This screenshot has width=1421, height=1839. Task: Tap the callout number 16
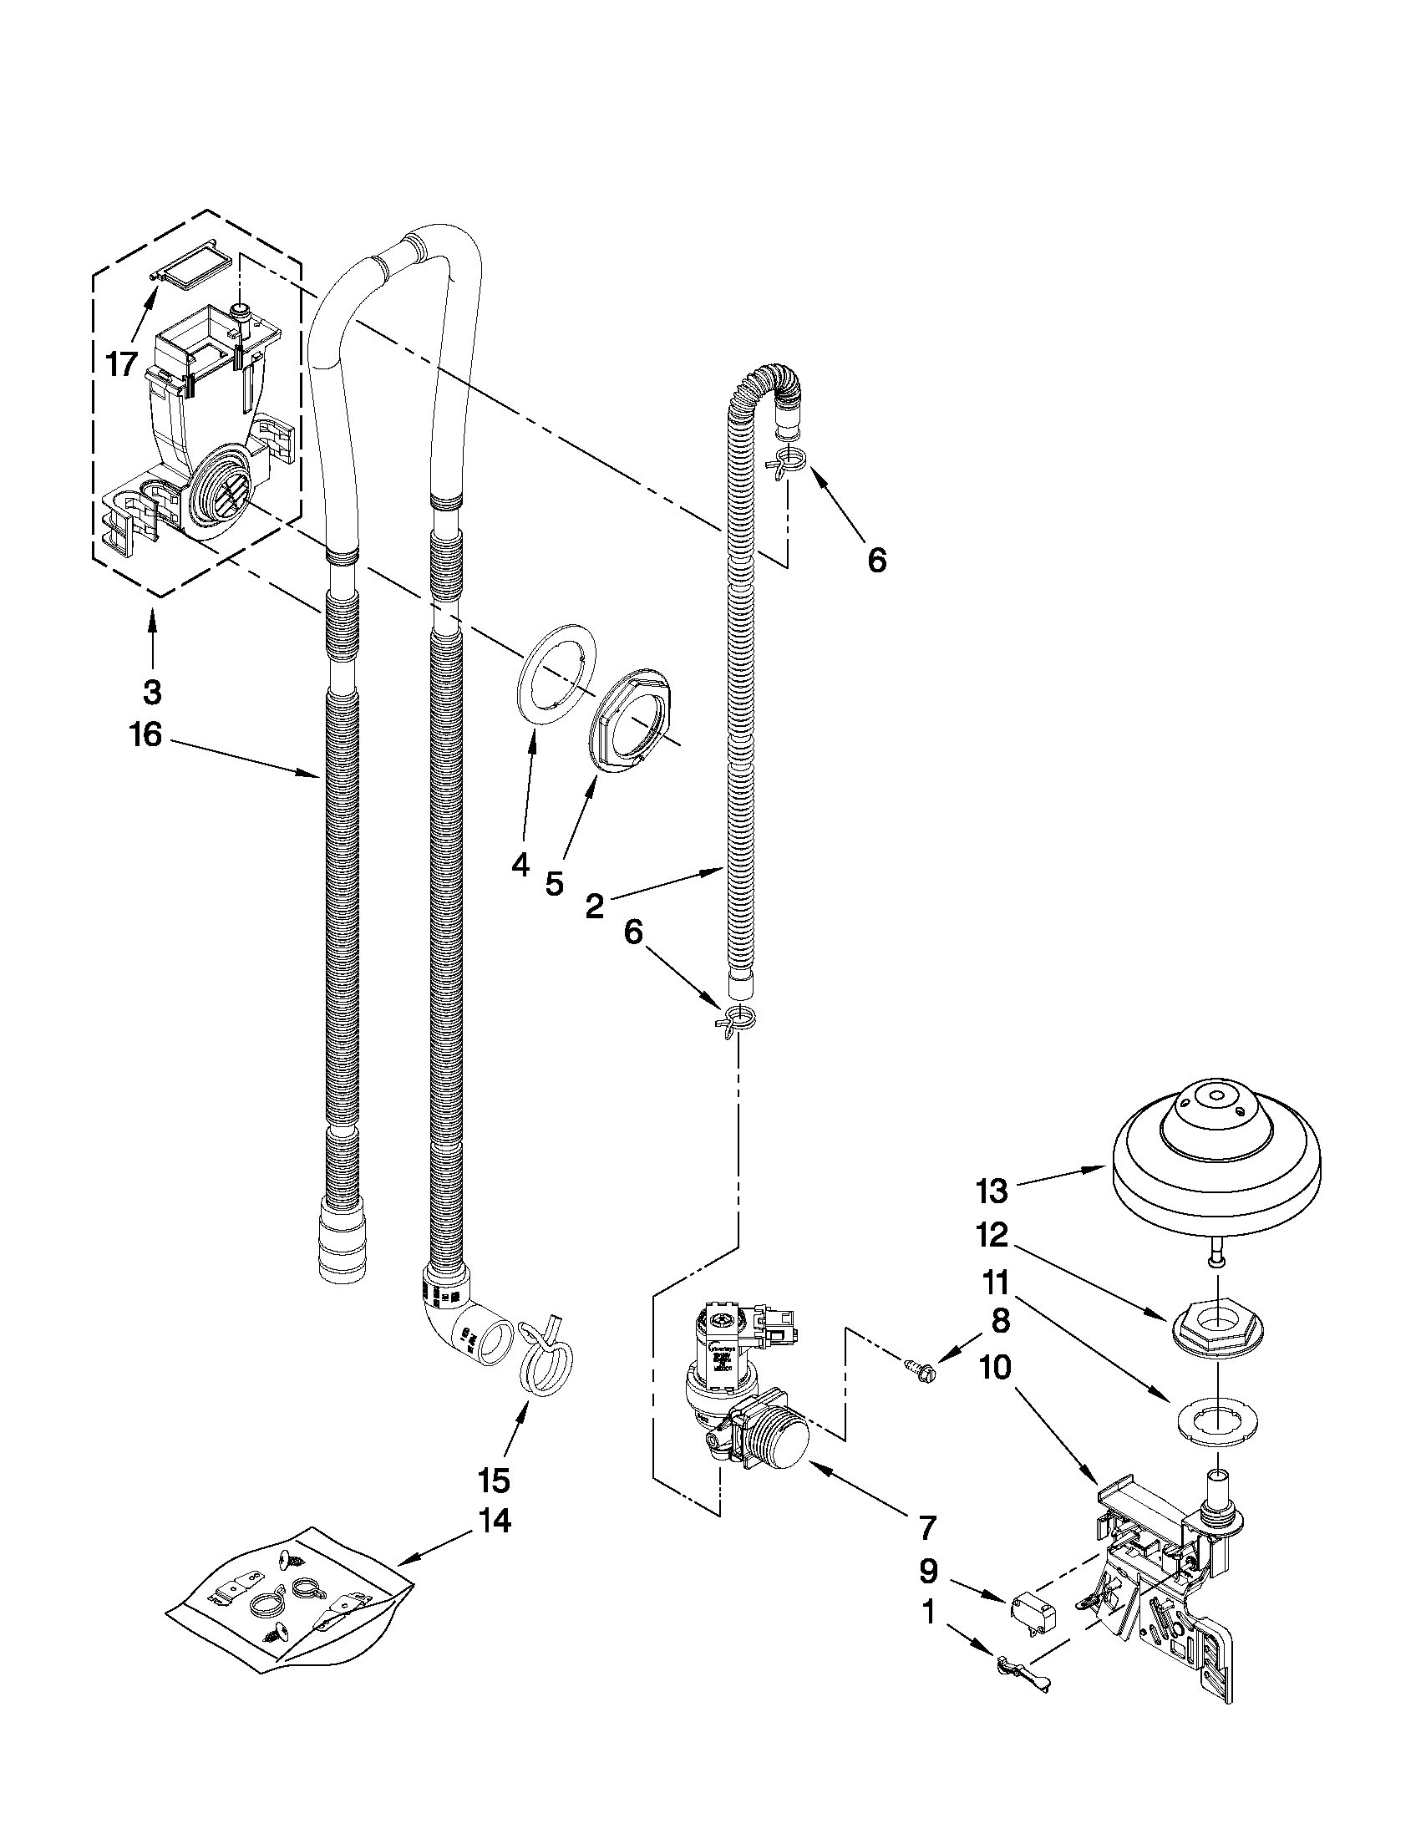coord(145,734)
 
